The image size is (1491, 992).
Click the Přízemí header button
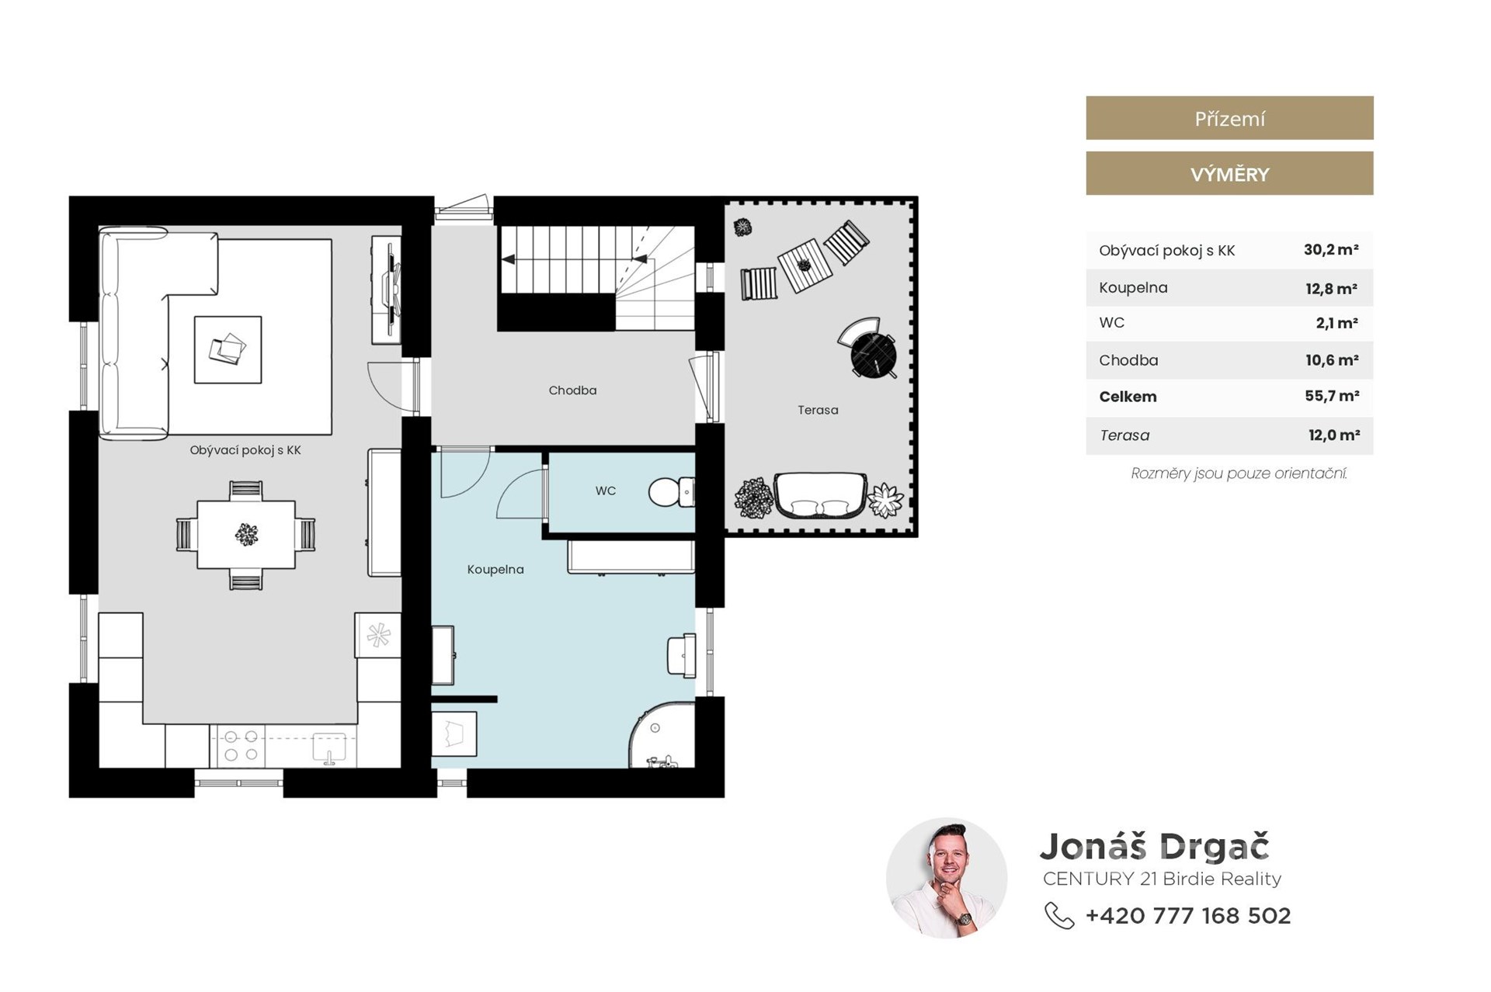[x=1229, y=118]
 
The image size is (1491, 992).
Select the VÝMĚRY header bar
[x=1229, y=174]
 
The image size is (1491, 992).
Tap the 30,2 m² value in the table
[x=1331, y=250]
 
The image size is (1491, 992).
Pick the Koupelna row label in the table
[x=1133, y=288]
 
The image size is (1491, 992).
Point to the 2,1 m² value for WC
[x=1336, y=323]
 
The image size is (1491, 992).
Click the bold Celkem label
[x=1128, y=397]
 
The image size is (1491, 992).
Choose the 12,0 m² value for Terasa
[x=1334, y=435]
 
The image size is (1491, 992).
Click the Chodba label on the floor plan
[x=572, y=390]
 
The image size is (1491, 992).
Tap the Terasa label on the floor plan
[x=818, y=410]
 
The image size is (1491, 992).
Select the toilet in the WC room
[x=672, y=492]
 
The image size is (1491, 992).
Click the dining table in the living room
[x=246, y=535]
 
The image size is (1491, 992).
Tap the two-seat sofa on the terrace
[x=820, y=496]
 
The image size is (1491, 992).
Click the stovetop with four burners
[x=241, y=746]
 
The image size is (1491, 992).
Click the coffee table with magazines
[x=228, y=349]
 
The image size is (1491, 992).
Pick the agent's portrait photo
[x=947, y=878]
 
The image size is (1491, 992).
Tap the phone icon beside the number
[x=1059, y=916]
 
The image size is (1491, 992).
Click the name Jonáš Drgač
[x=1155, y=847]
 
